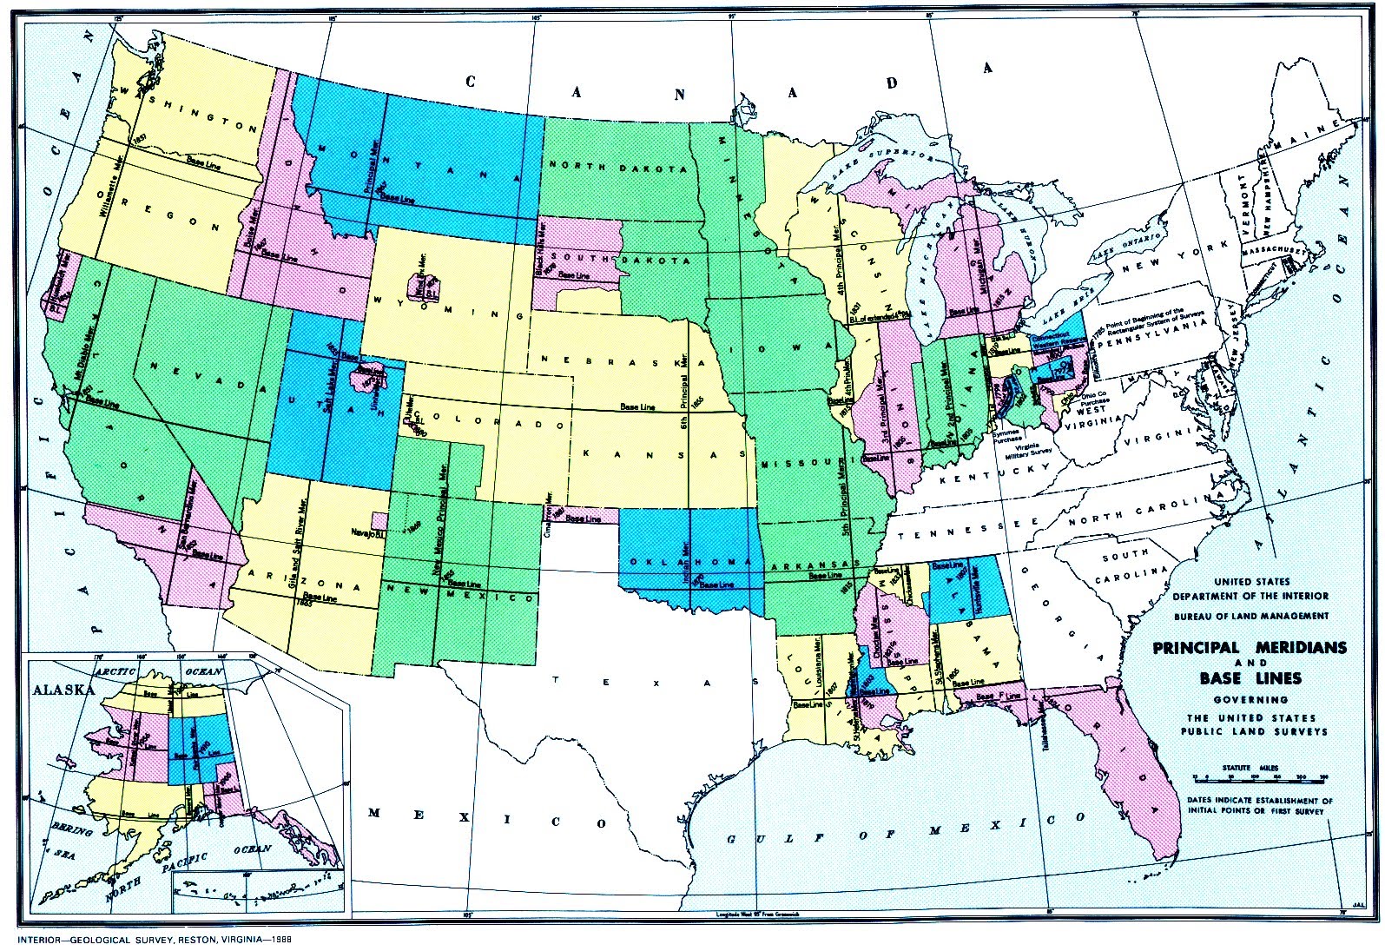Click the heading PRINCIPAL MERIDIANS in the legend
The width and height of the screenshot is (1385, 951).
pos(1249,648)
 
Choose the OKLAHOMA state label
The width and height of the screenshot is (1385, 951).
pos(690,562)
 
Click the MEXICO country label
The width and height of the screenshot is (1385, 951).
pos(486,819)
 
